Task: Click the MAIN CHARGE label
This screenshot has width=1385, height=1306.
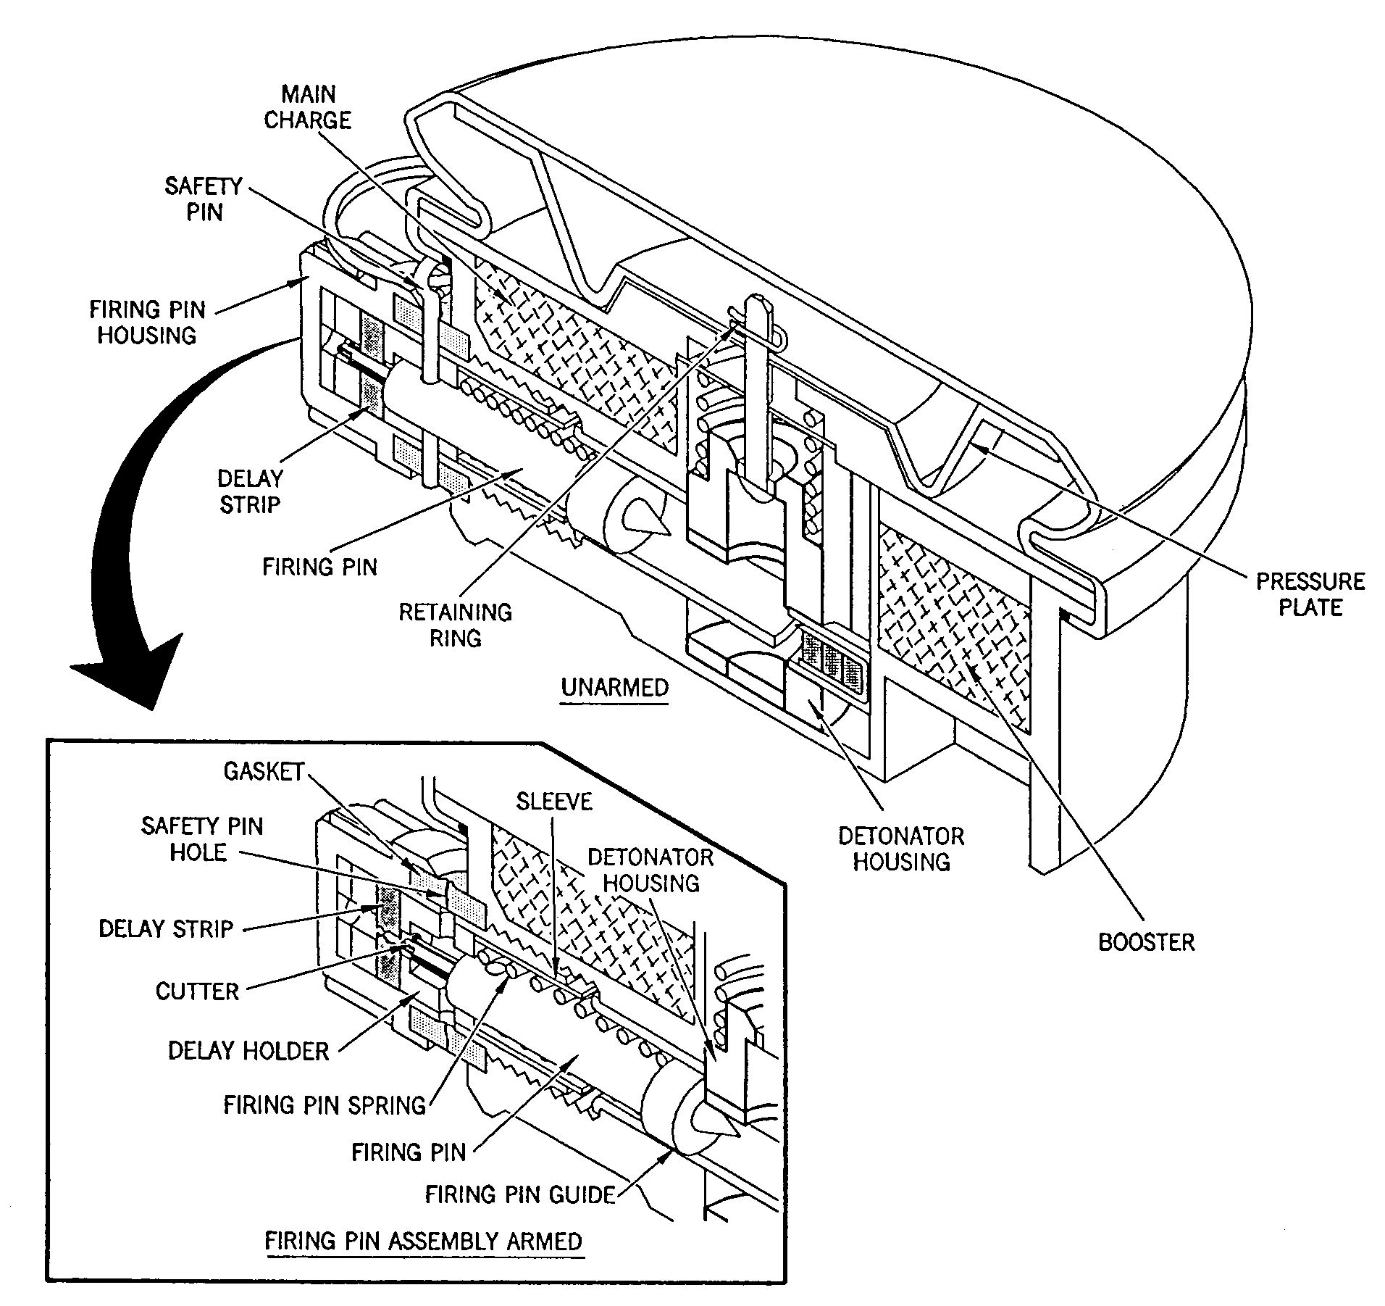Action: coord(307,107)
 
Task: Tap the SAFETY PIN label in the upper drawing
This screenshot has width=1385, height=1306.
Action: coord(203,199)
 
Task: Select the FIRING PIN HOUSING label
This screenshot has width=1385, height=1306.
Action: coord(147,323)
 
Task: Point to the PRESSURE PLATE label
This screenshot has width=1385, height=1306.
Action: coord(1310,594)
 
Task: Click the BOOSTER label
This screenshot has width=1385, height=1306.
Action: coord(1146,942)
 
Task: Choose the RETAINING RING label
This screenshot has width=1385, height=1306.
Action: coord(455,625)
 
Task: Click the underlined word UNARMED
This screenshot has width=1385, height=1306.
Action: coord(615,686)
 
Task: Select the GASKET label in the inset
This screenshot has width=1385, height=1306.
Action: coord(263,771)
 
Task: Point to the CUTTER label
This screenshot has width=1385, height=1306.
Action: coord(197,991)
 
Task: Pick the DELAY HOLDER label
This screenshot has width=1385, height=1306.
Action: coord(248,1051)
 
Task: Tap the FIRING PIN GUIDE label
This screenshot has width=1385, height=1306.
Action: coord(519,1194)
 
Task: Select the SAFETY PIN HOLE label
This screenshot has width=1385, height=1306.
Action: coord(201,839)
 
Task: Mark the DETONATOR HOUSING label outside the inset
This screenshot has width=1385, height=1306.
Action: coord(901,849)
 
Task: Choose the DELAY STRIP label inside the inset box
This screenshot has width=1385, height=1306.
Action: coord(166,929)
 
